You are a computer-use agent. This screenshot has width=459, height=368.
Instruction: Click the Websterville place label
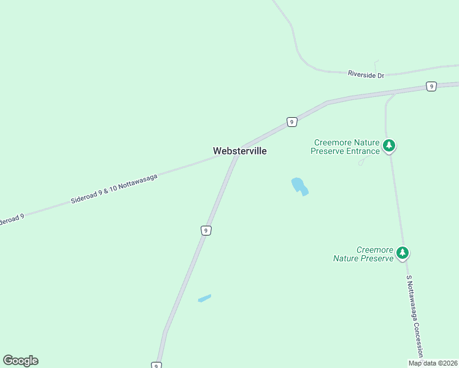point(239,150)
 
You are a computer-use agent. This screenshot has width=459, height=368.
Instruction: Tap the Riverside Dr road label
point(365,74)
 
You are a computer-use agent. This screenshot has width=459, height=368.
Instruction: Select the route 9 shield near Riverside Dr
point(431,86)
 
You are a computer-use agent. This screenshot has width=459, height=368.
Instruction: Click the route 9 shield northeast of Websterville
point(291,122)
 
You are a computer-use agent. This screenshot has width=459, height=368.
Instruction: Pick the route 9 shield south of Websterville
point(206,230)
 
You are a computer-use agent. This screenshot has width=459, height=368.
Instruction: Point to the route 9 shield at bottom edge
point(156,366)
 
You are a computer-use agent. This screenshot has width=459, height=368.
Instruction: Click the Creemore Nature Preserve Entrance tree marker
point(388,146)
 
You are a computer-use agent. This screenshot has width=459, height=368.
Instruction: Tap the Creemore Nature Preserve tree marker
point(402,252)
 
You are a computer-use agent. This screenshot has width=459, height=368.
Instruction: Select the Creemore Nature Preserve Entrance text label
point(345,147)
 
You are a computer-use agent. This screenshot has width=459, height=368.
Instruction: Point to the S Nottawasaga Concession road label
point(415,316)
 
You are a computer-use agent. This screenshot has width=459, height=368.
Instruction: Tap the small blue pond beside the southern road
point(204,298)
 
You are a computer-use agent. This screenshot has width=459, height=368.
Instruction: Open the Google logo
point(20,361)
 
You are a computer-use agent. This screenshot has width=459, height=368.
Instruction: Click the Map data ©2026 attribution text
point(432,363)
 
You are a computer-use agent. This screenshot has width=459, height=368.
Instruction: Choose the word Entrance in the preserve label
point(362,151)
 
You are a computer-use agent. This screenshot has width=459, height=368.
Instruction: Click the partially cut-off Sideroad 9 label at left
point(11,219)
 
